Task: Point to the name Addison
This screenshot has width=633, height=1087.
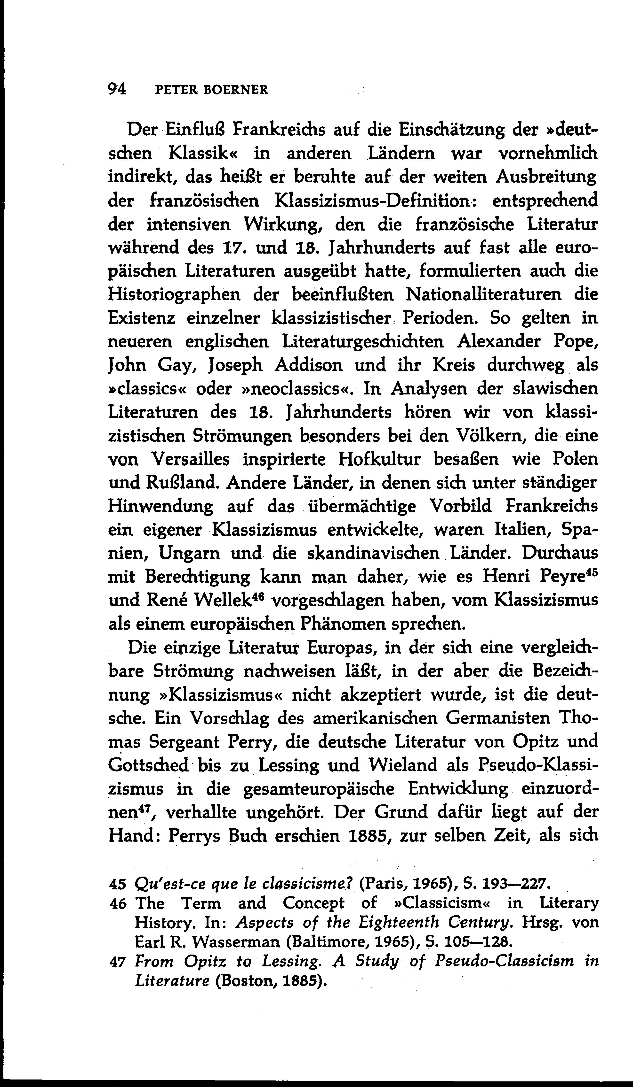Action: [308, 365]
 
